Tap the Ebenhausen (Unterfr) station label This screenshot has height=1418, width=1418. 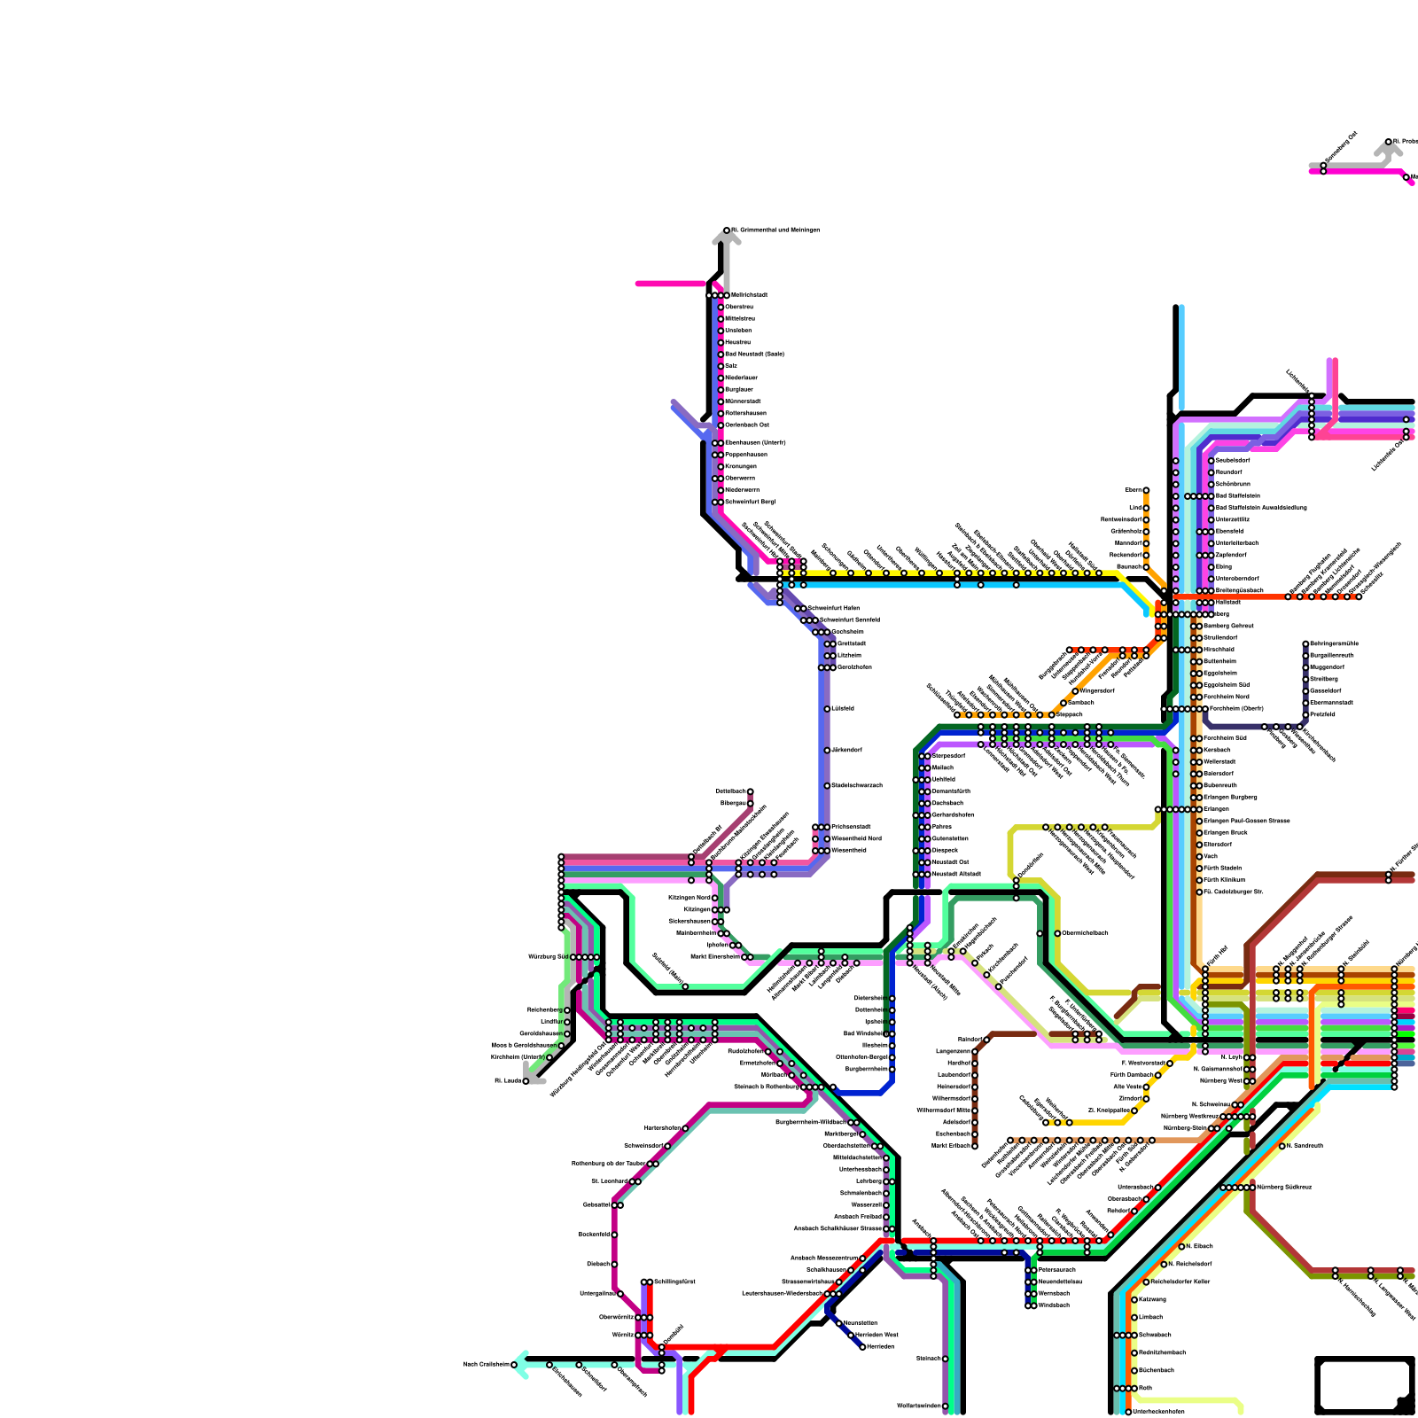[755, 442]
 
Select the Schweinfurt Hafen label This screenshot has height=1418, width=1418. [833, 608]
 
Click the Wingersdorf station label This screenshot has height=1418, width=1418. [1097, 690]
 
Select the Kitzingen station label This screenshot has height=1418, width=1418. [697, 909]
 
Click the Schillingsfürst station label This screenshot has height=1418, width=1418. [674, 1282]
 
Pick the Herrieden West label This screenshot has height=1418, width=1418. [877, 1335]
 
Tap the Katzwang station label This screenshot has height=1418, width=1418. [1152, 1299]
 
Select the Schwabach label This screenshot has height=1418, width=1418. [1155, 1335]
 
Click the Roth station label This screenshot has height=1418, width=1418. [1145, 1388]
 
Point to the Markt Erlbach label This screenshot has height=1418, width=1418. [951, 1145]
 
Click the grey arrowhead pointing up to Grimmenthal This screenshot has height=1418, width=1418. [726, 238]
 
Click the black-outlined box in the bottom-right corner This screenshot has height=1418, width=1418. [1365, 1385]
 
